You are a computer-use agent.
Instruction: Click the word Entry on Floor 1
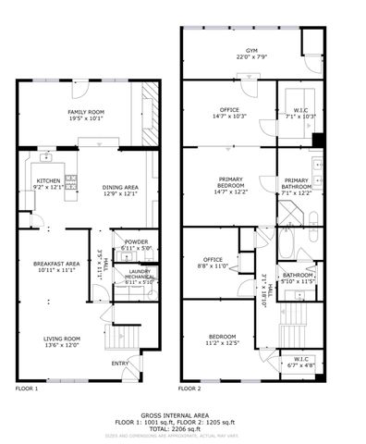[120, 363]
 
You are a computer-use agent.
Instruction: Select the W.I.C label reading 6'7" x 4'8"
[300, 363]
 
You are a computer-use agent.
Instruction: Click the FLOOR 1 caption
[27, 389]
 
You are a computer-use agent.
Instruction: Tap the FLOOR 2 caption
[190, 389]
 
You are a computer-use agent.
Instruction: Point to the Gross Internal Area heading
[181, 415]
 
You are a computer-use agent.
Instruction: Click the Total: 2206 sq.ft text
[181, 429]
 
